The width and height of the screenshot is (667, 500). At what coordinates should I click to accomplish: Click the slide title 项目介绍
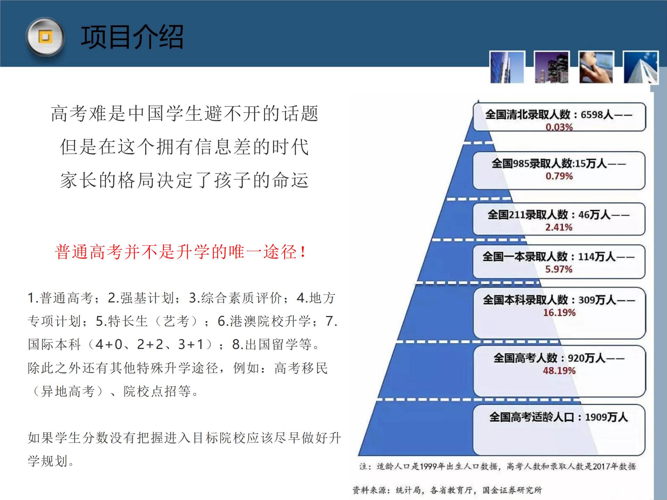[132, 37]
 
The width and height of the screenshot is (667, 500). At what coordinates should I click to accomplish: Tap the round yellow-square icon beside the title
[45, 37]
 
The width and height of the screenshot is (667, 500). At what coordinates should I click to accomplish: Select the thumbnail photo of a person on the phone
[596, 67]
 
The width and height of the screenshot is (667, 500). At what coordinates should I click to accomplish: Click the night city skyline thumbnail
[552, 67]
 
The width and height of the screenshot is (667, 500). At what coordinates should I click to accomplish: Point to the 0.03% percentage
[559, 127]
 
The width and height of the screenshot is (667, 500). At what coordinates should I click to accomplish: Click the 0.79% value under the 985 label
[559, 176]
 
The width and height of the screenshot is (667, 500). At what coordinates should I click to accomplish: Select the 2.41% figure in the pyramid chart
[559, 227]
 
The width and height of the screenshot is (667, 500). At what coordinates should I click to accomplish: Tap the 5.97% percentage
[559, 269]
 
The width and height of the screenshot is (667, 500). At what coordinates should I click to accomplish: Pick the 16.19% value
[559, 312]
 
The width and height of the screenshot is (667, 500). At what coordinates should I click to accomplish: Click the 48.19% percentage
[559, 370]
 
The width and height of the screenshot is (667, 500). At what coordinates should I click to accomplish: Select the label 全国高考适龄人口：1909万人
[559, 417]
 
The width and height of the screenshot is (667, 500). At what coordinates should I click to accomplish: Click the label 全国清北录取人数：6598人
[549, 114]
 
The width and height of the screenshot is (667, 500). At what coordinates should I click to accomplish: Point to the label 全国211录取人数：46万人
[549, 215]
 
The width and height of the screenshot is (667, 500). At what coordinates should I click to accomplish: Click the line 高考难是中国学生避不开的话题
[184, 114]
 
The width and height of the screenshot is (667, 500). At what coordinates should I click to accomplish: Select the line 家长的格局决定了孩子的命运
[184, 180]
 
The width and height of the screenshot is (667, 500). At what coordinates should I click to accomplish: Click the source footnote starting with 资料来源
[447, 490]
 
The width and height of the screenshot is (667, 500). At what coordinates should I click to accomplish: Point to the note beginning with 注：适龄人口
[498, 466]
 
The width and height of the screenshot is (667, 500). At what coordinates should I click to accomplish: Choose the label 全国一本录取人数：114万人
[549, 257]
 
